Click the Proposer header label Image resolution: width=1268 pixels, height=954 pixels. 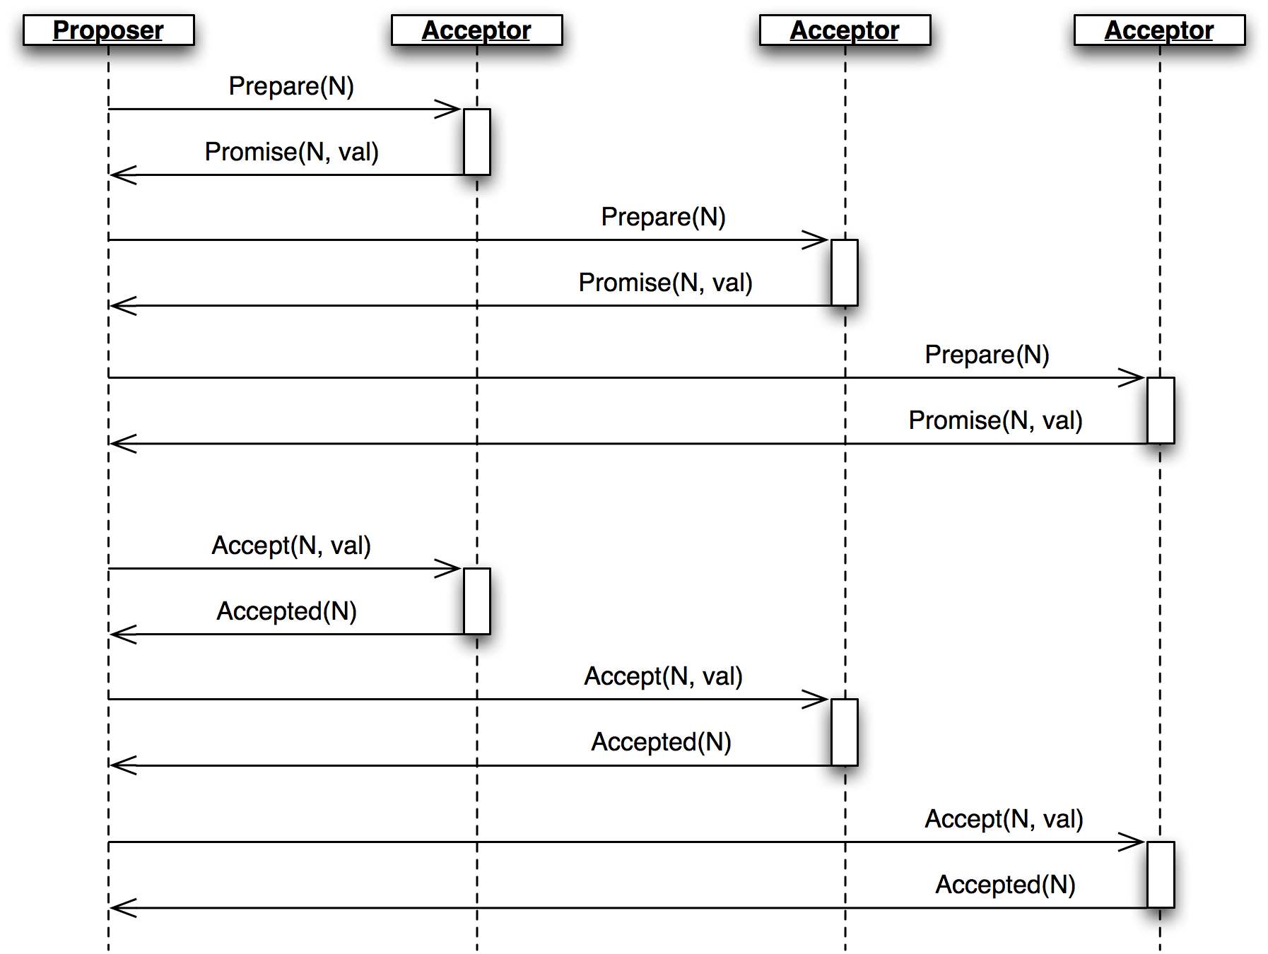[108, 30]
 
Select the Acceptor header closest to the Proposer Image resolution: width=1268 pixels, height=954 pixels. [476, 30]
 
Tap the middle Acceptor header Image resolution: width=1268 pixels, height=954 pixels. [845, 30]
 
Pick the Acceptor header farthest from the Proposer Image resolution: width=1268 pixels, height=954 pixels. [1159, 30]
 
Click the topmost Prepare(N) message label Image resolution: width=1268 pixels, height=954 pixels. [292, 86]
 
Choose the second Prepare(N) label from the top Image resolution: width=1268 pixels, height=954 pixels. [664, 217]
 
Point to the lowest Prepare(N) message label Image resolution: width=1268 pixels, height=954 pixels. [988, 355]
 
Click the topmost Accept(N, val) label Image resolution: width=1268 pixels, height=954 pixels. [292, 546]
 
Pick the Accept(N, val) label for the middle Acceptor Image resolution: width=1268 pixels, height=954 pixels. [664, 676]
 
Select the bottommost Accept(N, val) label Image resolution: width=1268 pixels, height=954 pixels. [1004, 819]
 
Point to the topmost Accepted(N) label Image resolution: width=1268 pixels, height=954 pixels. [290, 611]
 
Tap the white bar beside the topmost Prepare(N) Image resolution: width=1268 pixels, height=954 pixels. [477, 142]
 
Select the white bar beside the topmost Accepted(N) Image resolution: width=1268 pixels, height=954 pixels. [477, 601]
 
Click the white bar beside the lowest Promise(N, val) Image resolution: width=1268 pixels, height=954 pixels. [1161, 411]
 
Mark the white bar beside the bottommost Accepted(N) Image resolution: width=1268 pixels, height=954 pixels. [1161, 875]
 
